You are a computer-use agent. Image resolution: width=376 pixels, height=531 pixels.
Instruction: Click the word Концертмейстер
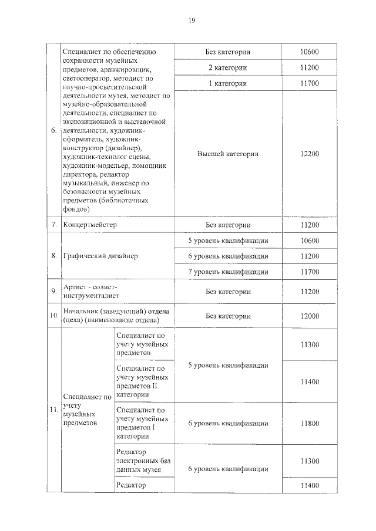tap(90, 225)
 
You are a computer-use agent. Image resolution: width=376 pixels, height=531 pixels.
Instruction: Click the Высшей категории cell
tap(228, 154)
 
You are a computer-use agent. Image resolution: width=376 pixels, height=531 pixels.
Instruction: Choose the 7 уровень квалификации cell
tap(228, 272)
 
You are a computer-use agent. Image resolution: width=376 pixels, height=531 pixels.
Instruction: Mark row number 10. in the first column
tap(53, 316)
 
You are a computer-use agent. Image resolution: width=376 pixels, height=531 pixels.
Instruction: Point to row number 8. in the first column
tap(53, 256)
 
